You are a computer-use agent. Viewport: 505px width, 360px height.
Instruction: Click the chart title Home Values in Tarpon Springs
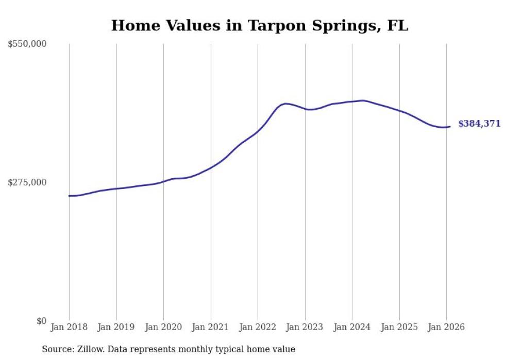(259, 25)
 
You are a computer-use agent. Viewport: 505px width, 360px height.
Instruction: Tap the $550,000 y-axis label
(27, 44)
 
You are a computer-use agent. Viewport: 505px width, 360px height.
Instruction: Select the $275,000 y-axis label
(27, 182)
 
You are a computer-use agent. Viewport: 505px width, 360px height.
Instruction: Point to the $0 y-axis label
(41, 321)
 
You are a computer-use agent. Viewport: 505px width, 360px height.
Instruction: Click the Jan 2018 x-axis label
(69, 327)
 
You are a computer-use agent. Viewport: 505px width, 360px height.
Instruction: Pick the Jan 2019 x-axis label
(116, 327)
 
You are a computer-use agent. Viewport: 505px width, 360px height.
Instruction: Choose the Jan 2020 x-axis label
(163, 327)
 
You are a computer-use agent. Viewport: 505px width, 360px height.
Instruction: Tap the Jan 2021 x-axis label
(210, 327)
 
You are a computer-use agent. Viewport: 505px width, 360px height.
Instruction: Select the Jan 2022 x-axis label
(258, 327)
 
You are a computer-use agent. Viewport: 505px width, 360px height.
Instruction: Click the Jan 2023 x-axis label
(305, 327)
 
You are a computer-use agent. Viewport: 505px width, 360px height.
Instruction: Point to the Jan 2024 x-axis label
(352, 327)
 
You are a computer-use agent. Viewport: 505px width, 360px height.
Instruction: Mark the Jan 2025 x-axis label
(399, 327)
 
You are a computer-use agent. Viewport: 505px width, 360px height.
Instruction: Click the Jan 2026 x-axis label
(446, 327)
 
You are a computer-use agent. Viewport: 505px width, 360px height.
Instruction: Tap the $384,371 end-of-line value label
(479, 124)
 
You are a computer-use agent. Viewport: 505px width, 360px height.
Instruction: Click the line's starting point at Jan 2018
(69, 196)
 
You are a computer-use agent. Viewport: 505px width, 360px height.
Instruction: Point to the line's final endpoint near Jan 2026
(450, 127)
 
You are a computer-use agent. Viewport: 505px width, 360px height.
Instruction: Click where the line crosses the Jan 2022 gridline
(258, 131)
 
